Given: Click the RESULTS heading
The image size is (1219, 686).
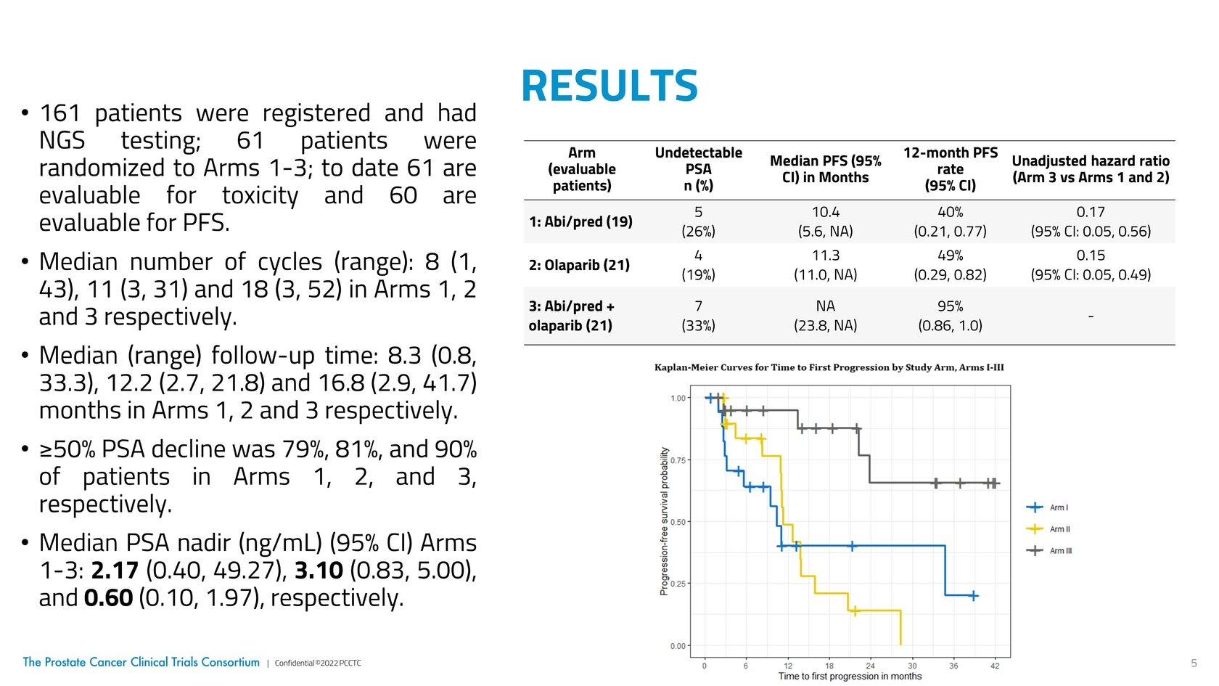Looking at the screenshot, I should (609, 86).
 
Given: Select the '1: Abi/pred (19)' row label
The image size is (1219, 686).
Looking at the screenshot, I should (580, 221).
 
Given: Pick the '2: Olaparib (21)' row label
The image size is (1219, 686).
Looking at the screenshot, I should (579, 265).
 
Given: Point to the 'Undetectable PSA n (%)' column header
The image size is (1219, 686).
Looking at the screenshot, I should (698, 169).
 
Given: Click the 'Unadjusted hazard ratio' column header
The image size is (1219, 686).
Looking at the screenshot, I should (1091, 169).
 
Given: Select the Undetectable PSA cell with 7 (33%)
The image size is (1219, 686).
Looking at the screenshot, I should (698, 316).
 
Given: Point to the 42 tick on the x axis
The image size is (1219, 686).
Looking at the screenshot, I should (995, 666).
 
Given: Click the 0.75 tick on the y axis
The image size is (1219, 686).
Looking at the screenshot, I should (678, 460).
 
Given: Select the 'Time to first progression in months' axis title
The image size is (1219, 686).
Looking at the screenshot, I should (850, 677).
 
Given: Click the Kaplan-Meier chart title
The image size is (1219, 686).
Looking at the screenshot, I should (829, 367).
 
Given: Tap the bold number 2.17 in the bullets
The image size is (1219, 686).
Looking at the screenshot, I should (115, 571).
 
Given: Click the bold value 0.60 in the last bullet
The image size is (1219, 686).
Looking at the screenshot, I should (108, 598).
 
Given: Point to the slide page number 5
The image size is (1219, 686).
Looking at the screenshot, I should (1194, 663).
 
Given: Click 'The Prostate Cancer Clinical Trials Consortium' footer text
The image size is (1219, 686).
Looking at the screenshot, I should (141, 662).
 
